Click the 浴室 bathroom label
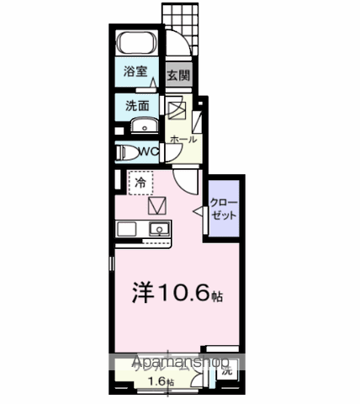click(136, 72)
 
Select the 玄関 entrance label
click(177, 74)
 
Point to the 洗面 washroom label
click(137, 107)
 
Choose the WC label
click(149, 151)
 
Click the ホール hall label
click(183, 139)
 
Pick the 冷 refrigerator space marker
click(140, 181)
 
